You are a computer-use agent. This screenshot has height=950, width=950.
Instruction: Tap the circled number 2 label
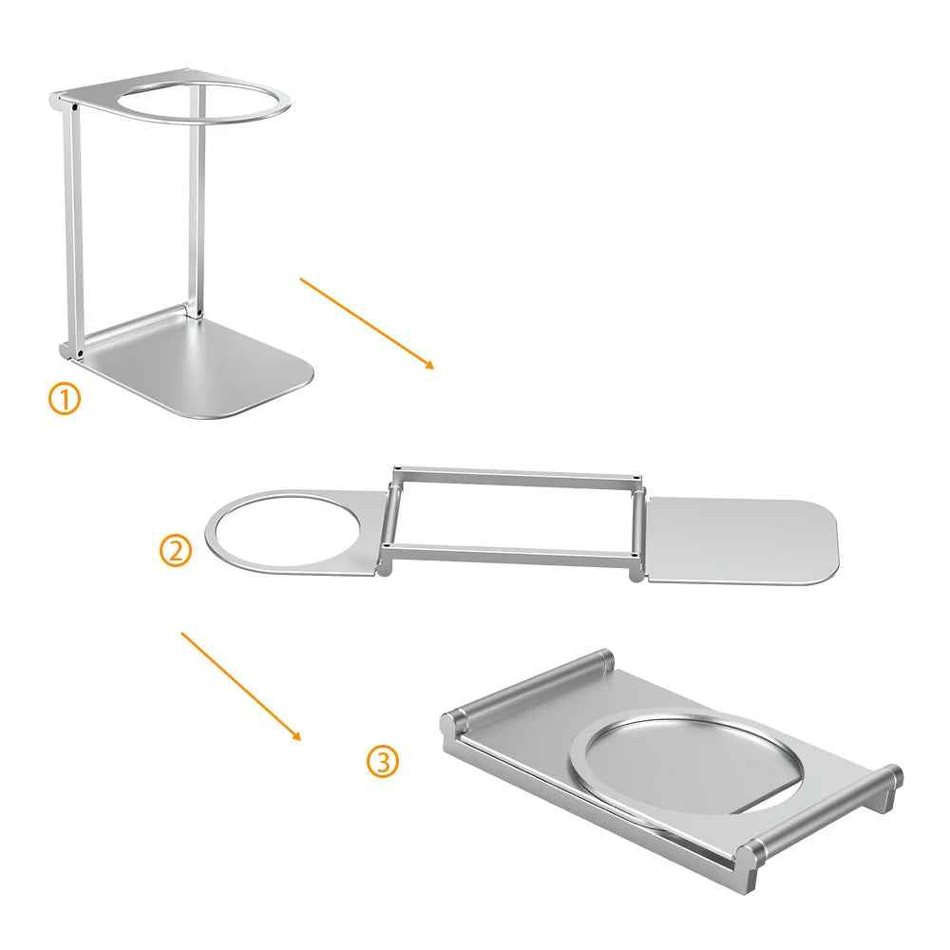[x=176, y=551]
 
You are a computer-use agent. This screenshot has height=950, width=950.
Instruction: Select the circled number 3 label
[x=383, y=762]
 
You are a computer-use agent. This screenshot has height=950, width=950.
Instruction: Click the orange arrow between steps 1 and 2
[x=367, y=323]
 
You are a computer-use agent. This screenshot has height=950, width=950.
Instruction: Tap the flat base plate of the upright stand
[x=199, y=370]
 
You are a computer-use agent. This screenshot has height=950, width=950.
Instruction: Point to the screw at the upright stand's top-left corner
[x=74, y=108]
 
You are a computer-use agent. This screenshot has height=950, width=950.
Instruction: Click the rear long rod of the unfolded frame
[x=516, y=474]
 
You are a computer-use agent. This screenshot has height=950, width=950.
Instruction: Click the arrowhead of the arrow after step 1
[x=429, y=365]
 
